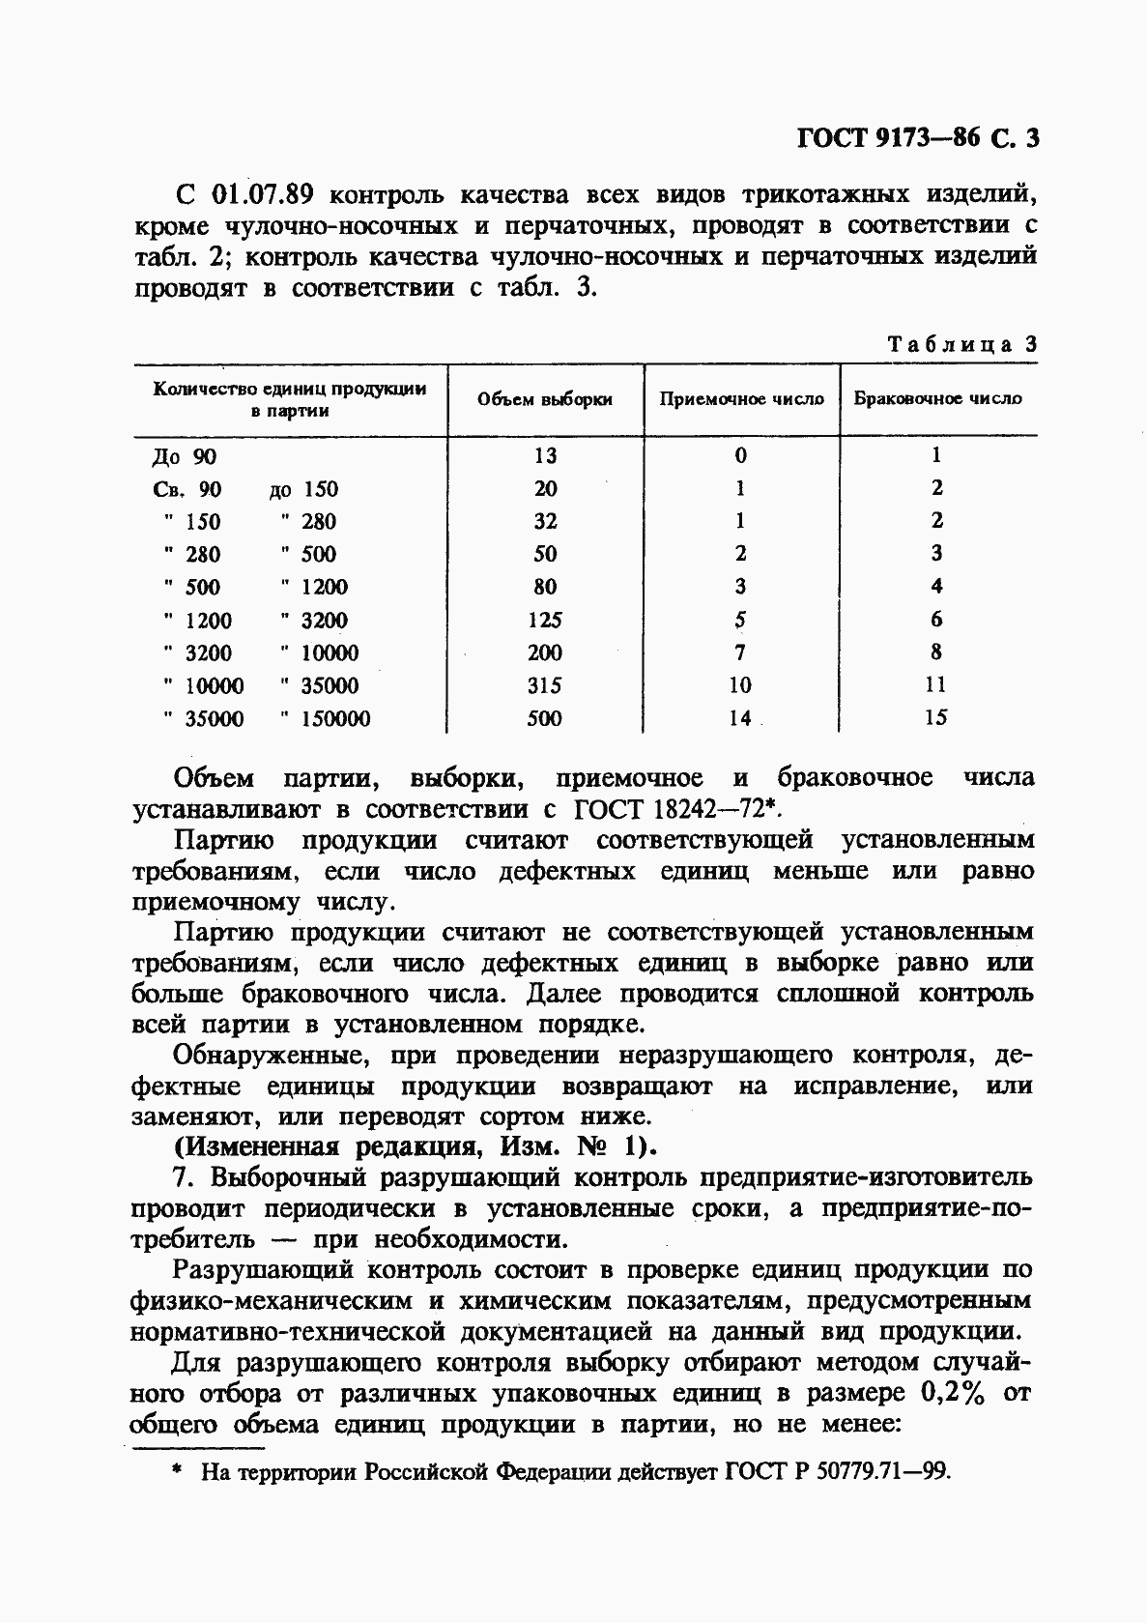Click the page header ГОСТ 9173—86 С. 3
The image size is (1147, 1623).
pyautogui.click(x=917, y=138)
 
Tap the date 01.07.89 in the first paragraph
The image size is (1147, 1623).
pyautogui.click(x=261, y=194)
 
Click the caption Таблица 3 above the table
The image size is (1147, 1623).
pyautogui.click(x=961, y=345)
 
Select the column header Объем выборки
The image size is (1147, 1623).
pyautogui.click(x=545, y=399)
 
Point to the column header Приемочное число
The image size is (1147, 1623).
pyautogui.click(x=741, y=399)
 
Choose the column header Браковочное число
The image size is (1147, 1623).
pyautogui.click(x=937, y=398)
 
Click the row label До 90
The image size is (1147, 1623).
pyautogui.click(x=185, y=457)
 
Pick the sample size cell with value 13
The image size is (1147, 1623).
pyautogui.click(x=545, y=456)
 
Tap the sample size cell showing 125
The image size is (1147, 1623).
pyautogui.click(x=545, y=620)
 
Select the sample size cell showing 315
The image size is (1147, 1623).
pyautogui.click(x=545, y=685)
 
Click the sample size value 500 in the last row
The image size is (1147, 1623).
pyautogui.click(x=545, y=718)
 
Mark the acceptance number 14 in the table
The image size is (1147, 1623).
pyautogui.click(x=740, y=718)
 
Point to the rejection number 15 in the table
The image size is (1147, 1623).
pyautogui.click(x=935, y=717)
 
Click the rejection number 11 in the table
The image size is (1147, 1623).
pyautogui.click(x=935, y=684)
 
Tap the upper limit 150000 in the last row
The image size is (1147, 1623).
pyautogui.click(x=335, y=719)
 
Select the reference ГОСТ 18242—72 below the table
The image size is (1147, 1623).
pyautogui.click(x=676, y=809)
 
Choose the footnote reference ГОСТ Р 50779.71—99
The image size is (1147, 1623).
pyautogui.click(x=836, y=1472)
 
